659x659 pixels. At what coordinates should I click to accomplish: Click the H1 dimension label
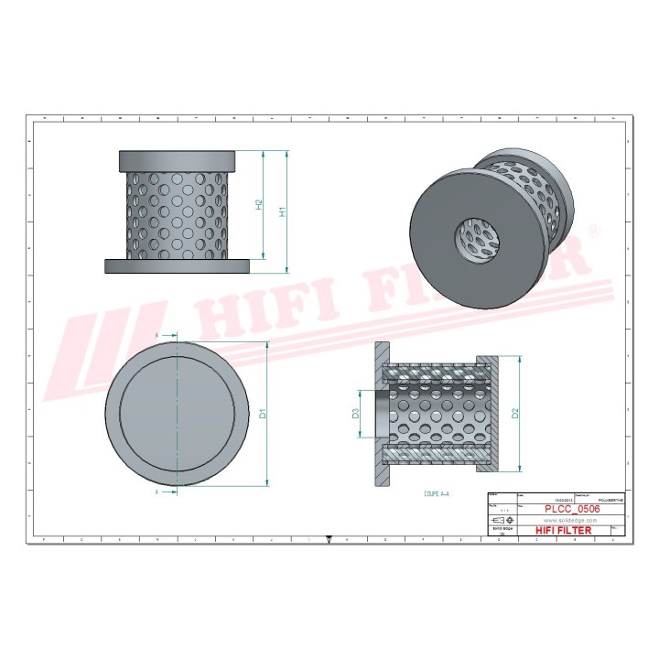pyautogui.click(x=283, y=211)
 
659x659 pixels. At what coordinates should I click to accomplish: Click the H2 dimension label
pyautogui.click(x=259, y=205)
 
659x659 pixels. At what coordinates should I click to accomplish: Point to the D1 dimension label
pyautogui.click(x=263, y=414)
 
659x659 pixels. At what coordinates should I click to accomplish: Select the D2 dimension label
pyautogui.click(x=515, y=414)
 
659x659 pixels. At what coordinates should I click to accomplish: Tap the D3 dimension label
pyautogui.click(x=356, y=415)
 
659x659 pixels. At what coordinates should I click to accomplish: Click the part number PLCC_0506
pyautogui.click(x=572, y=508)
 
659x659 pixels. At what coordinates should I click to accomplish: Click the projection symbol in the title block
pyautogui.click(x=501, y=519)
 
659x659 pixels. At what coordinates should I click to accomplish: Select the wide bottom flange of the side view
pyautogui.click(x=177, y=265)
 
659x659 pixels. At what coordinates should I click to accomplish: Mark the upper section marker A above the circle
pyautogui.click(x=157, y=336)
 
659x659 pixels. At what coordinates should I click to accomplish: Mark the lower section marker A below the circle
pyautogui.click(x=157, y=492)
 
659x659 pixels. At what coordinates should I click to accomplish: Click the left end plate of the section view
pyautogui.click(x=383, y=415)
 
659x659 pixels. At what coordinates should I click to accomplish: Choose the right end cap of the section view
pyautogui.click(x=491, y=415)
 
